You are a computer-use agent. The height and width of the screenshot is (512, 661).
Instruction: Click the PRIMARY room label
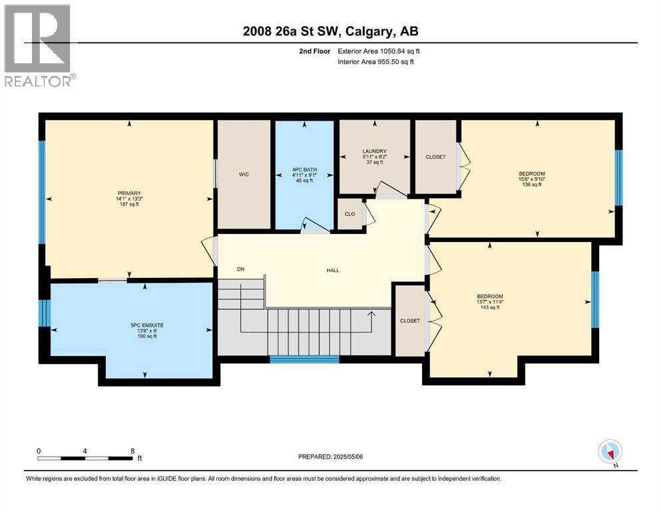(x=129, y=193)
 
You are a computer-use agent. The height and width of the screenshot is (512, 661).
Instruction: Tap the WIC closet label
(x=244, y=174)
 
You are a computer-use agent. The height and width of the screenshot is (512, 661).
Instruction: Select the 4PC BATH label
(x=304, y=170)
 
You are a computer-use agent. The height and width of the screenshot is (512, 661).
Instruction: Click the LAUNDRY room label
(x=374, y=151)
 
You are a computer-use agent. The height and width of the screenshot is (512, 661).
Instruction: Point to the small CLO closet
(x=350, y=214)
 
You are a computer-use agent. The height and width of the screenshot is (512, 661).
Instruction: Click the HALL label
(x=333, y=271)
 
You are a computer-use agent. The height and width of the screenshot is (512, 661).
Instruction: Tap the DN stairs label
(x=241, y=269)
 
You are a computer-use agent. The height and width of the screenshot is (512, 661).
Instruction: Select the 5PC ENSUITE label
(x=147, y=325)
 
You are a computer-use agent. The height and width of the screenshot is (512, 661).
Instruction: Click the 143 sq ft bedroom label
(x=490, y=296)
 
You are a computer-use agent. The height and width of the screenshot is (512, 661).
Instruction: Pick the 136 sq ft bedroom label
(x=532, y=173)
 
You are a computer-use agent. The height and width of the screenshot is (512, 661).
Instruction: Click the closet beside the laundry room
(x=435, y=157)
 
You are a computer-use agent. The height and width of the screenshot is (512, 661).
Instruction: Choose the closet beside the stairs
(x=410, y=321)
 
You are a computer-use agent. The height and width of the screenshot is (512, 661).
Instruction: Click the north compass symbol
(x=610, y=452)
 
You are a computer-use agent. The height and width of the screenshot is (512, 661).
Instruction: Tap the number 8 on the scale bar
(x=132, y=451)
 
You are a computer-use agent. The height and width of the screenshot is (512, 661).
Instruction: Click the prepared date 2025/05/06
(x=347, y=457)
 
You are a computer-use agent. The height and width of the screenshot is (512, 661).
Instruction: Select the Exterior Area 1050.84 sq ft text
(x=379, y=51)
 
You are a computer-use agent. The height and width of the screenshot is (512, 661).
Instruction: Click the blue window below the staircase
(x=304, y=359)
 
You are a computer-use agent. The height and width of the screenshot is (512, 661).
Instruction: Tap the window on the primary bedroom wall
(x=42, y=192)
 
